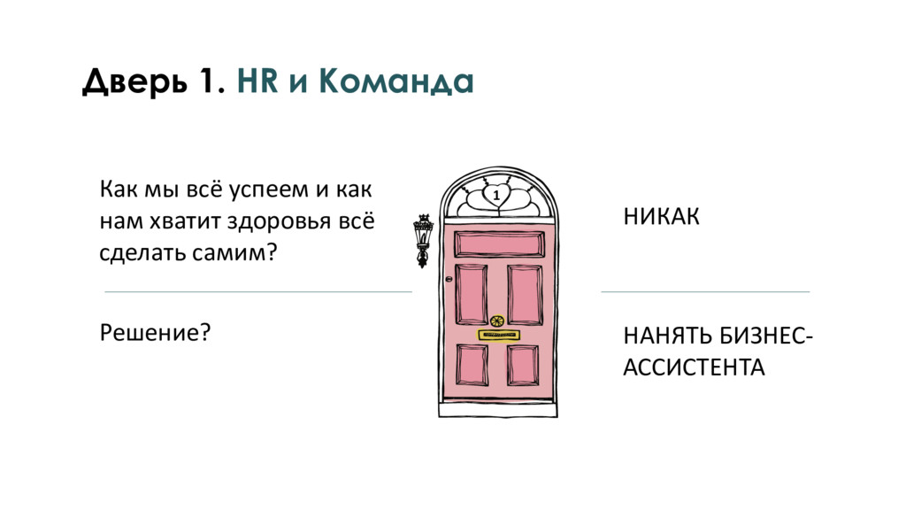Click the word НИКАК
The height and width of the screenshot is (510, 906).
click(661, 218)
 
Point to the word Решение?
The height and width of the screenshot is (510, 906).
click(155, 333)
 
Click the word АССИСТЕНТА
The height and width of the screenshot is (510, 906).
click(694, 367)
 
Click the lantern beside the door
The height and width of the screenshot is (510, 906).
click(423, 239)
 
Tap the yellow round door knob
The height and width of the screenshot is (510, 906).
click(495, 319)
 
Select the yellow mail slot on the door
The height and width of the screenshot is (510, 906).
click(498, 336)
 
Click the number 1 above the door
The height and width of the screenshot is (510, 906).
click(496, 195)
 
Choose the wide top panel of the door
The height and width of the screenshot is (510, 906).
click(498, 243)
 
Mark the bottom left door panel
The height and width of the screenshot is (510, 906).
click(472, 365)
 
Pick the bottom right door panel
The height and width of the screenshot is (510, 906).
click(523, 365)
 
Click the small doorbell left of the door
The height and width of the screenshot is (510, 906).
click(449, 281)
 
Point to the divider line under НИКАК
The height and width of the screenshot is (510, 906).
click(705, 291)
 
